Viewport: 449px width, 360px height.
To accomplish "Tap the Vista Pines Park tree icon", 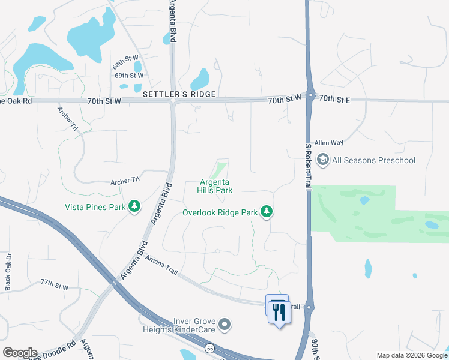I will click(x=135, y=207).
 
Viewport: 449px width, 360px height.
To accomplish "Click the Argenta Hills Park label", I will click(x=215, y=186).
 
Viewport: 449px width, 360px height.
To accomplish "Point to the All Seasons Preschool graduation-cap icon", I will click(x=323, y=160).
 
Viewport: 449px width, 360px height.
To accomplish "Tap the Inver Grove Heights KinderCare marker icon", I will click(x=224, y=325).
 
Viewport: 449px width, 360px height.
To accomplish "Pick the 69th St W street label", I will click(x=129, y=76).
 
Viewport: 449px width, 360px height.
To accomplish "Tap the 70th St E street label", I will click(x=335, y=99).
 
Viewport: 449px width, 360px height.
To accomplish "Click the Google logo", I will click(x=20, y=352).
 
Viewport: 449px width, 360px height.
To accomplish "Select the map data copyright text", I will click(x=412, y=355).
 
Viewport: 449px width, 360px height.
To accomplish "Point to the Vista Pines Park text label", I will click(x=95, y=208).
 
